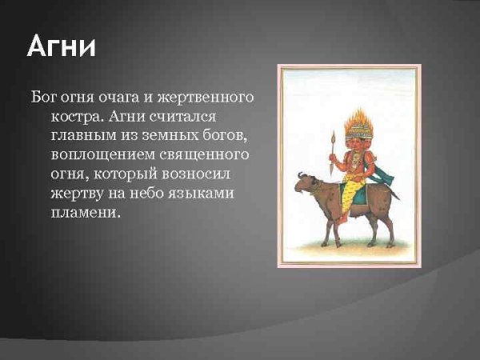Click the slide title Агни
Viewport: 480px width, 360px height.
[x=61, y=46]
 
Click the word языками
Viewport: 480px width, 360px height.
[x=207, y=194]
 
